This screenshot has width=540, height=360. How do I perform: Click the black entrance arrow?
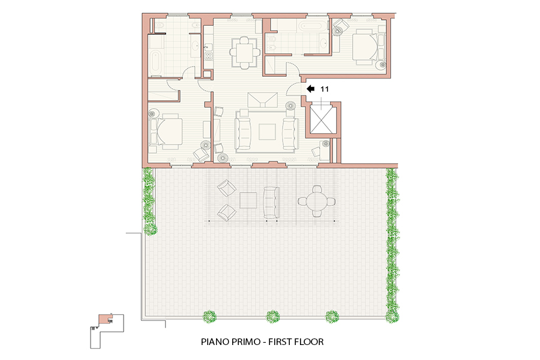[310, 89]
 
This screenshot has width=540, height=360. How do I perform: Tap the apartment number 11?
[325, 89]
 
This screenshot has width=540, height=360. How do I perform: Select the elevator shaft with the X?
[322, 120]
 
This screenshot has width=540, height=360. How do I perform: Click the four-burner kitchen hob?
[208, 55]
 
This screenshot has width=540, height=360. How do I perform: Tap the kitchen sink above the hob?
[208, 47]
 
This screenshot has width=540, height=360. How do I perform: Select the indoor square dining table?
[245, 53]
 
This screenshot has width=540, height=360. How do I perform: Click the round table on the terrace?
[317, 201]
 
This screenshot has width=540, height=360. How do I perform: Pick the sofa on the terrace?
[271, 203]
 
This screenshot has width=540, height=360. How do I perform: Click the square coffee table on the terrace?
[248, 200]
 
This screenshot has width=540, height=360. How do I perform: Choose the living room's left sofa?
[243, 134]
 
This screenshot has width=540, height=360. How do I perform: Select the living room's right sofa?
[290, 134]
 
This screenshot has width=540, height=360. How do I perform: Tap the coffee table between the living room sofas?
[267, 132]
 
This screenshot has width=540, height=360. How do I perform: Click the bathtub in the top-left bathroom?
[155, 61]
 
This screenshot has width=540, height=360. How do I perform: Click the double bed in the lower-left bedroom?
[167, 131]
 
